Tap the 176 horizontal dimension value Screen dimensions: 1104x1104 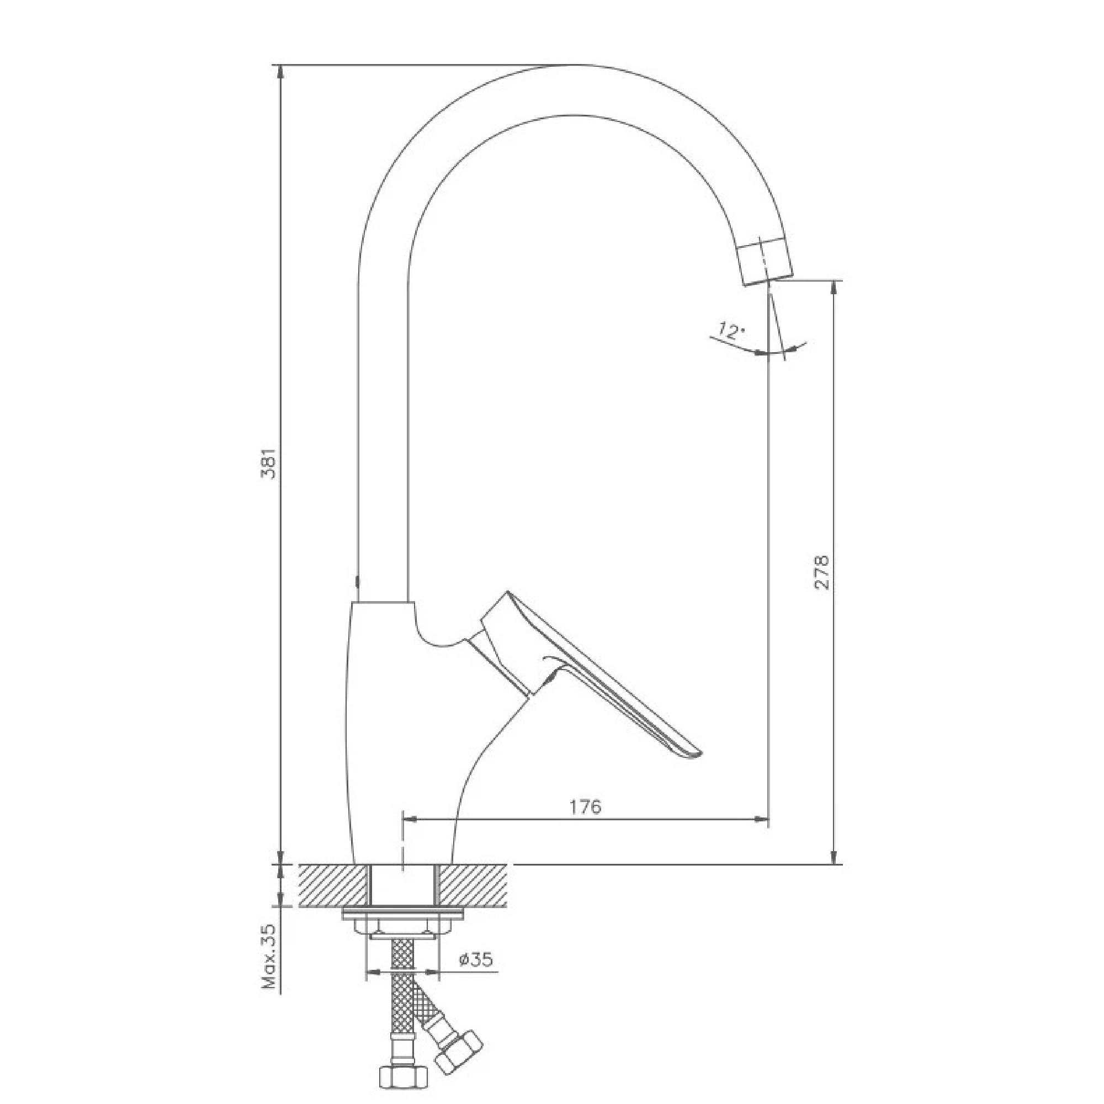586,807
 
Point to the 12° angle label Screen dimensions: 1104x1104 731,331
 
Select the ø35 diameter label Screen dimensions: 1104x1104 475,959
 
